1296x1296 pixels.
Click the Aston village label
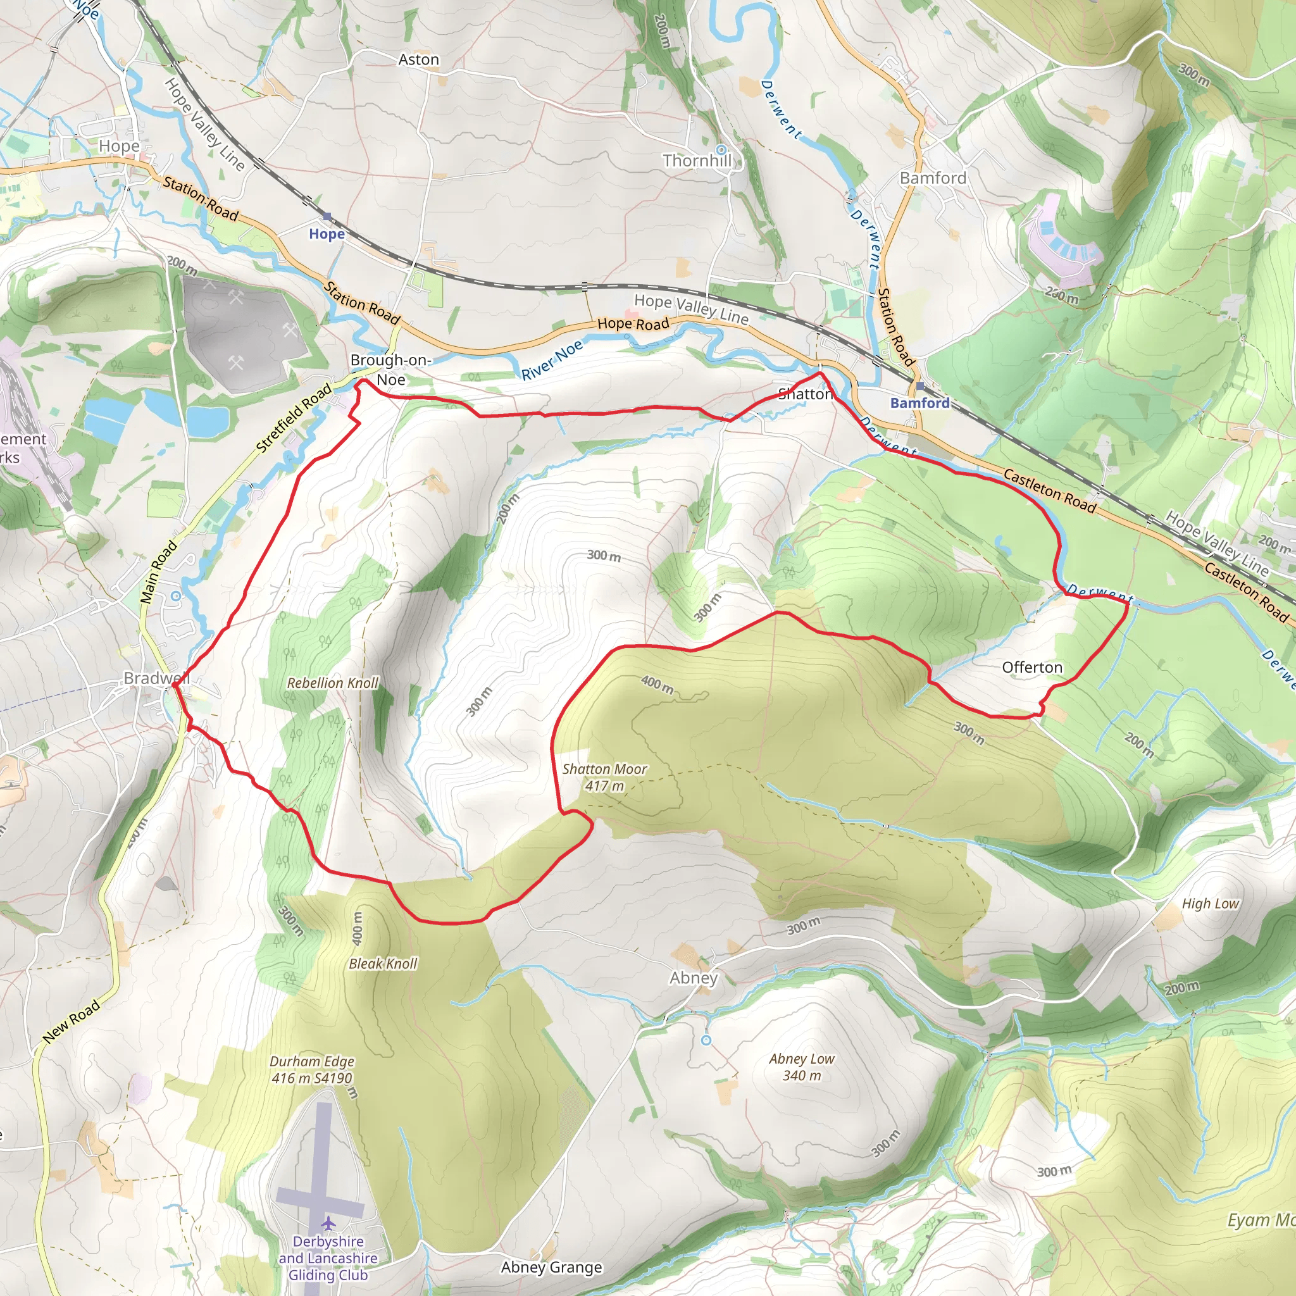pyautogui.click(x=418, y=59)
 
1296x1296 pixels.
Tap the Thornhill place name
pyautogui.click(x=697, y=161)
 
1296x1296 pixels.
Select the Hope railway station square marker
pyautogui.click(x=327, y=216)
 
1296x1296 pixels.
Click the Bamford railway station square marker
pyautogui.click(x=919, y=387)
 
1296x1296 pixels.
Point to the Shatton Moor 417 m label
pyautogui.click(x=604, y=778)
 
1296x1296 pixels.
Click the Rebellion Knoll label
pyautogui.click(x=333, y=683)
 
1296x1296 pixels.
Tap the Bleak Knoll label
pyautogui.click(x=383, y=964)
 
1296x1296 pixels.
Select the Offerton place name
pyautogui.click(x=1031, y=668)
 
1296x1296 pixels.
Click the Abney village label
pyautogui.click(x=694, y=978)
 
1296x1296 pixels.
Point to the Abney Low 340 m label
pyautogui.click(x=802, y=1066)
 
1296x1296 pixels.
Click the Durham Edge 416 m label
pyautogui.click(x=312, y=1069)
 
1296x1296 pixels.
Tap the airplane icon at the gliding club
pyautogui.click(x=328, y=1224)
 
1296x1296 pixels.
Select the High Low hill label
pyautogui.click(x=1210, y=904)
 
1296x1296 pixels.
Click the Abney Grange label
pyautogui.click(x=551, y=1267)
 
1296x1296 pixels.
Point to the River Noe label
pyautogui.click(x=552, y=360)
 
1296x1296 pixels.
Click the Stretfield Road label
pyautogui.click(x=294, y=417)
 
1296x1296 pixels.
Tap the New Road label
pyautogui.click(x=71, y=1021)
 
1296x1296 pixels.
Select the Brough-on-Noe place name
pyautogui.click(x=390, y=370)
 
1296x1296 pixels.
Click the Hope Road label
pyautogui.click(x=633, y=324)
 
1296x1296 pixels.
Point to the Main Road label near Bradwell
pyautogui.click(x=158, y=571)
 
